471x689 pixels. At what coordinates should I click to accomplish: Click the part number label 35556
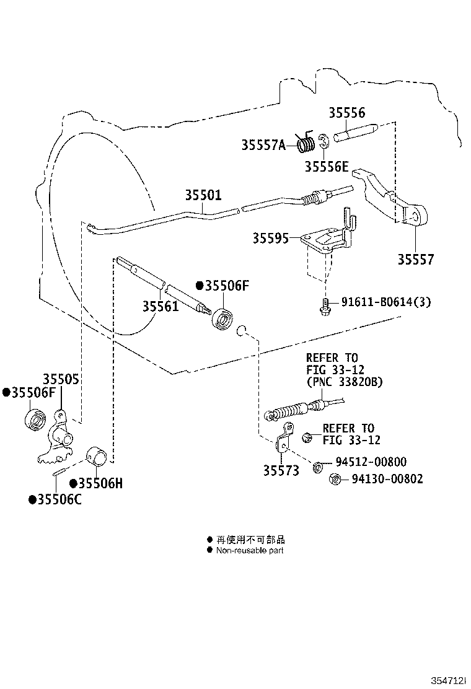346,113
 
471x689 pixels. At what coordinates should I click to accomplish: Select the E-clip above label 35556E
323,141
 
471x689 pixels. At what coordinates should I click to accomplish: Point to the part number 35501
203,195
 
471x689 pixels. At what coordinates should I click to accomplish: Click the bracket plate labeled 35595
327,242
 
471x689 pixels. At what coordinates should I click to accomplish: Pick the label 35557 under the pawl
416,259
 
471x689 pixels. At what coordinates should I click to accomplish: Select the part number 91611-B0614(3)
385,302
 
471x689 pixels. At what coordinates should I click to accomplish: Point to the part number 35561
161,306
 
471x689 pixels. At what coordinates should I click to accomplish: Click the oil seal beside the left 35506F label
35,419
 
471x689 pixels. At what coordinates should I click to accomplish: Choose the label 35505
61,379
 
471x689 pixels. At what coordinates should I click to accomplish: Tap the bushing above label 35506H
96,455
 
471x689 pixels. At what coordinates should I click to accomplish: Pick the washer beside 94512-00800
318,467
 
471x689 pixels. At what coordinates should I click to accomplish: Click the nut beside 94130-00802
335,479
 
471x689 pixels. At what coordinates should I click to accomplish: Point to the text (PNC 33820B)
345,382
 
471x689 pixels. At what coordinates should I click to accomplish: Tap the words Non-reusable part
250,550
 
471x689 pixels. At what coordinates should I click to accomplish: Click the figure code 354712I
447,681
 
